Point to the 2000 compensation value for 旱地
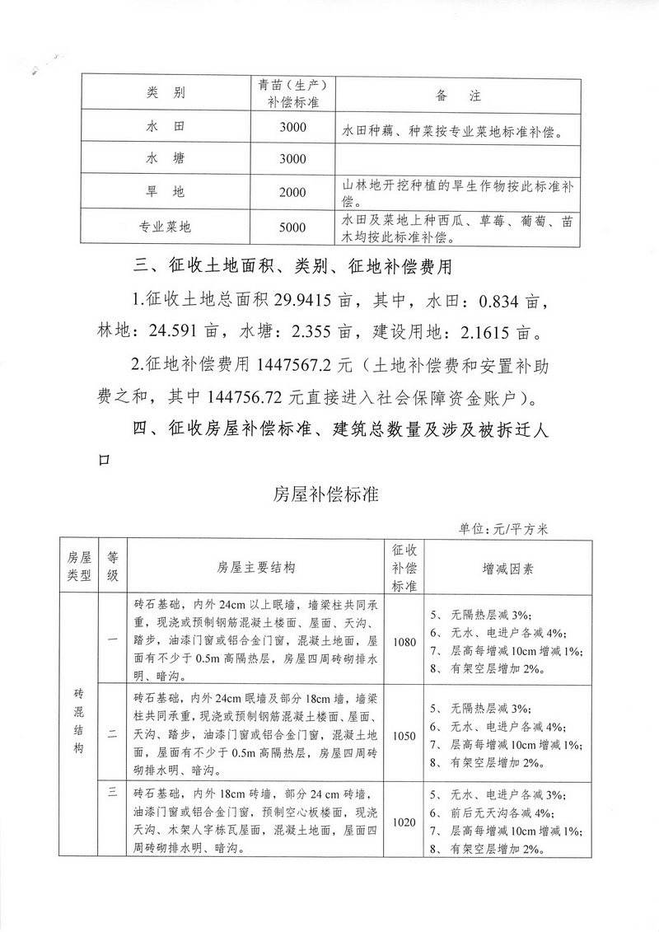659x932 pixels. (292, 193)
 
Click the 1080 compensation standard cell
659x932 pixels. (405, 640)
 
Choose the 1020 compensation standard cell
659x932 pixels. (405, 822)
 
